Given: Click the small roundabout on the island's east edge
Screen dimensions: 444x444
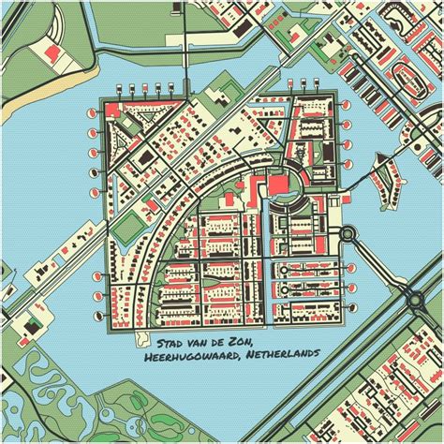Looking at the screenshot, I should [x=348, y=234].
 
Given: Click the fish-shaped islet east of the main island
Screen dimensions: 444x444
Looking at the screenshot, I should [x=382, y=174].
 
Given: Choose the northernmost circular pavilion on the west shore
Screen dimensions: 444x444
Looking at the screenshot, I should [x=95, y=111].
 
